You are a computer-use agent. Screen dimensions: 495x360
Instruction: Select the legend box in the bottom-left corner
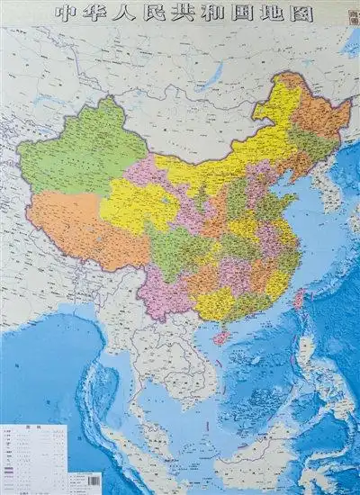tap(34, 454)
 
